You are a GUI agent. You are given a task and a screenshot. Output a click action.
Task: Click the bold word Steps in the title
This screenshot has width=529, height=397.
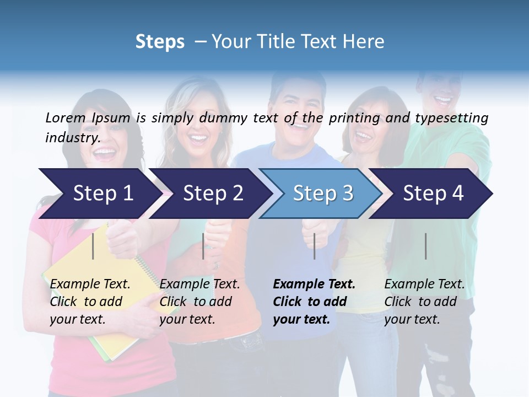[160, 42]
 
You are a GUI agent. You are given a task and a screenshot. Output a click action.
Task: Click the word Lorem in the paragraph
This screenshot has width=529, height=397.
[65, 117]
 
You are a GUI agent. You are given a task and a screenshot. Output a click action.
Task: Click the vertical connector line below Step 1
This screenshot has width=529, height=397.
[93, 246]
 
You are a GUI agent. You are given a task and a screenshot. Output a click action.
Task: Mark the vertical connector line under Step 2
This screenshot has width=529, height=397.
[203, 246]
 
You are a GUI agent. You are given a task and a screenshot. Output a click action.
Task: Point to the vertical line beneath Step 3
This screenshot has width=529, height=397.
[315, 246]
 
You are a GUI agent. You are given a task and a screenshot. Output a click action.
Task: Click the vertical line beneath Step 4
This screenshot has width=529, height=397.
[426, 246]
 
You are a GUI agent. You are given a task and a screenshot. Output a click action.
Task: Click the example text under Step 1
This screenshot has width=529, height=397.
[90, 302]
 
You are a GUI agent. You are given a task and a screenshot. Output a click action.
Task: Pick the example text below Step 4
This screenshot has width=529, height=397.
[424, 302]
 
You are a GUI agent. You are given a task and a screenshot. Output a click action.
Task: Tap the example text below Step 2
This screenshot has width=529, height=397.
[199, 302]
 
